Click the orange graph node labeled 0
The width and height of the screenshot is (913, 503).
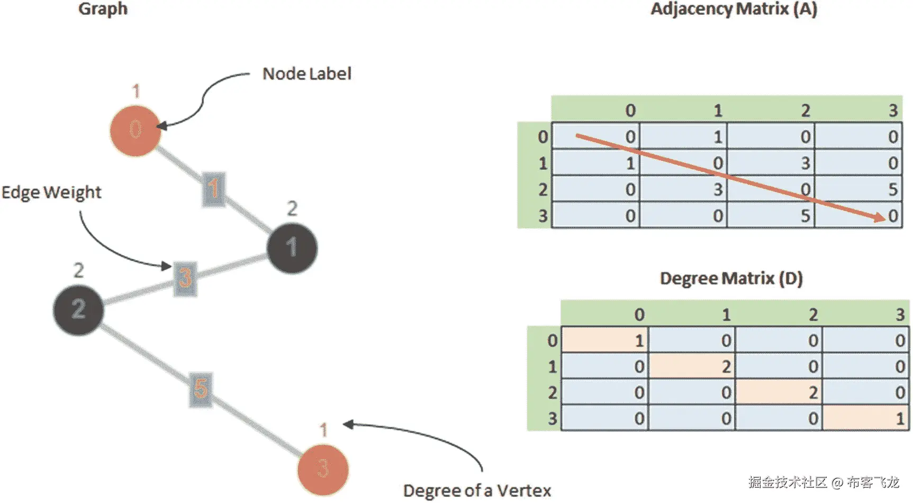pos(135,130)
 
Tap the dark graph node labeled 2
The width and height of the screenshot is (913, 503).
pos(78,309)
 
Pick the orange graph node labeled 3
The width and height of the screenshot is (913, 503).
pos(323,469)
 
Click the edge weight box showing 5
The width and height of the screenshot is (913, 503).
pos(201,389)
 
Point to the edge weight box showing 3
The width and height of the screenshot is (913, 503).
pos(185,278)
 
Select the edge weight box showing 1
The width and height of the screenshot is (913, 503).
pos(213,189)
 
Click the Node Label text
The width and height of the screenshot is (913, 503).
pos(306,74)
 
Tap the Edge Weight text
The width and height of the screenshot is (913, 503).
pos(51,192)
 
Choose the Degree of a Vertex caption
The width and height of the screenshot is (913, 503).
pos(477,490)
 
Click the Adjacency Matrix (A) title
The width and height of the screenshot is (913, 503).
pos(734,9)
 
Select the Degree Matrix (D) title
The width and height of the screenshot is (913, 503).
pos(731,278)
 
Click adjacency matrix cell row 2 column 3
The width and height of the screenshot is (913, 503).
pos(858,189)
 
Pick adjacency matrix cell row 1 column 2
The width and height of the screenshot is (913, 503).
pos(771,163)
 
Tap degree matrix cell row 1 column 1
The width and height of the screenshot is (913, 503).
pos(691,366)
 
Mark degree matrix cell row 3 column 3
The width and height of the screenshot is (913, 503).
pos(865,418)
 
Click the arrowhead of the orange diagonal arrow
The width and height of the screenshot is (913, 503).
pos(879,217)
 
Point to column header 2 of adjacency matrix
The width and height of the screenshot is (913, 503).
pos(805,111)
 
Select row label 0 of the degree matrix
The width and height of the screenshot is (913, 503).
pos(552,340)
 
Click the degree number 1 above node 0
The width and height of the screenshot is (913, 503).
pos(136,91)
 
